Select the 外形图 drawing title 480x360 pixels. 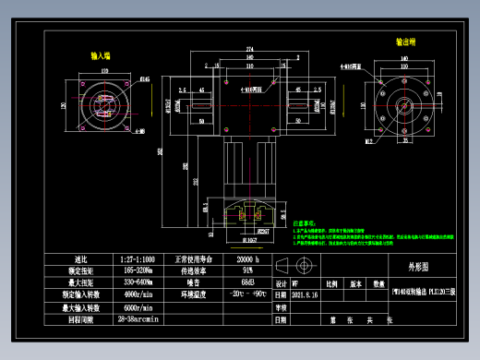point(419,265)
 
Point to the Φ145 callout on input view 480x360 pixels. point(144,79)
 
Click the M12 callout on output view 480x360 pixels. point(368,142)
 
